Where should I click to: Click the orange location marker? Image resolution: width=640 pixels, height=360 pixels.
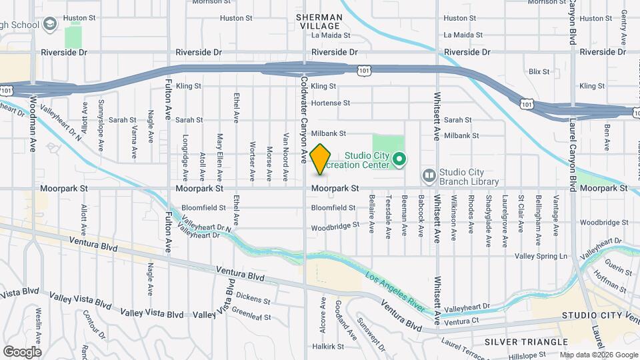pos(320,159)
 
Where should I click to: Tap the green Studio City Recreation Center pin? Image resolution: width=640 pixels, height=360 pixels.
pos(399,159)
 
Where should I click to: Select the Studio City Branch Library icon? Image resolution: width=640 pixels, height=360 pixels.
pos(429,176)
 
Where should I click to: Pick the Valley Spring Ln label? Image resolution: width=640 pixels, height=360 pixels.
pos(541,256)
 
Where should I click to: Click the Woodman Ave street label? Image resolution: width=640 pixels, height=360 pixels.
pos(33,136)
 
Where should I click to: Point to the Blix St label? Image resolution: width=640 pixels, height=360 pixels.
pos(539,71)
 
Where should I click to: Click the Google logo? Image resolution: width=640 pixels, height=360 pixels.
pos(22,351)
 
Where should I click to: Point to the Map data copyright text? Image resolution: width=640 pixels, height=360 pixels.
pos(597,354)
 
